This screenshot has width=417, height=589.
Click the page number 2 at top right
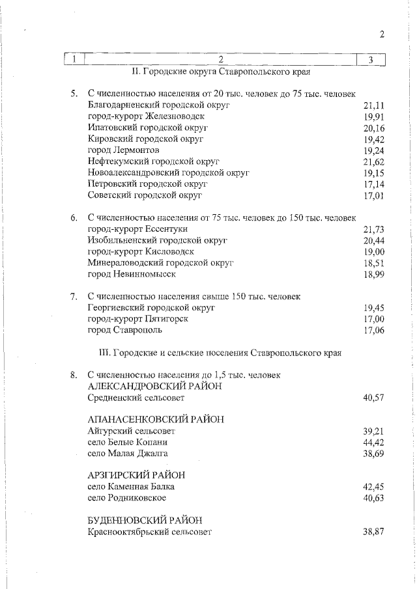pos(382,35)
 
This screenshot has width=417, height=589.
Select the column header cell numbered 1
pos(75,60)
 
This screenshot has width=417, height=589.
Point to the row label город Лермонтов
pos(123,150)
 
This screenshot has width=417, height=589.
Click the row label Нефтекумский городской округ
pos(153,161)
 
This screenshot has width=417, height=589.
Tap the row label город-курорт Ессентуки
pos(137,229)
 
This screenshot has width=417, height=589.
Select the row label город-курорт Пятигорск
pos(137,319)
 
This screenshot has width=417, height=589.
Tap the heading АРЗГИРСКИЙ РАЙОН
pos(136,475)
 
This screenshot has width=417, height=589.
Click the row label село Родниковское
pos(126,498)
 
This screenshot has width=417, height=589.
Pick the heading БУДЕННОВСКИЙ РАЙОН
pos(144,520)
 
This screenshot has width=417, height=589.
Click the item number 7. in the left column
pos(74,297)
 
